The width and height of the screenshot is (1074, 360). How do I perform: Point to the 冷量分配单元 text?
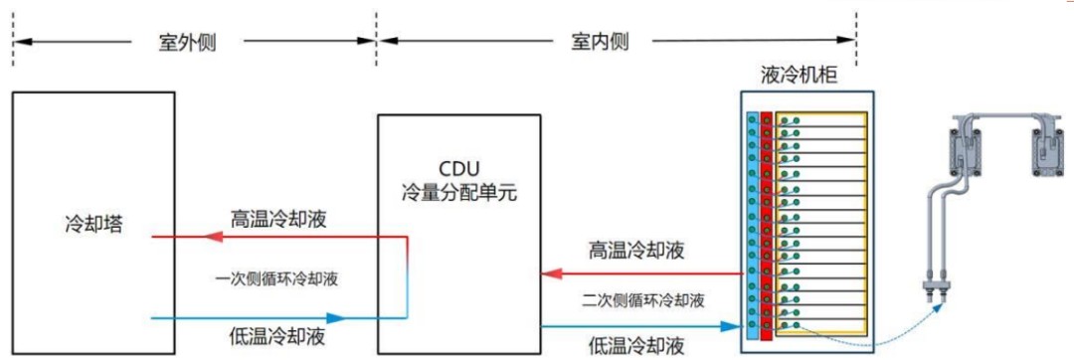(459, 190)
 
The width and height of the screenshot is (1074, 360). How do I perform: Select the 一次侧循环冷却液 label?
(275, 278)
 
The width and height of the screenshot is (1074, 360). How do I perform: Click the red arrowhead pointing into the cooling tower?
(210, 237)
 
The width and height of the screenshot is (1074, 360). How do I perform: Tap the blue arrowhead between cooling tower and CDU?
(335, 318)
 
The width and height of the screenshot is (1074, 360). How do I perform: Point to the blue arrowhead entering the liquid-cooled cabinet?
(731, 325)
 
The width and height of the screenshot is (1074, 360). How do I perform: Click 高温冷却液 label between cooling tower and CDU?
(279, 218)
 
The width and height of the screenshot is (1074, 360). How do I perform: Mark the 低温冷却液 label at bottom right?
(637, 345)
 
